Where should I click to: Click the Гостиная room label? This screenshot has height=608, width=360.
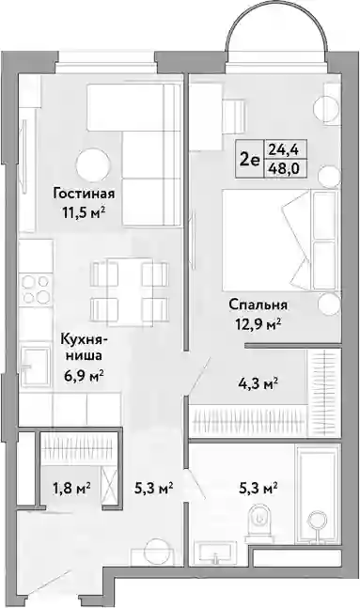click(84, 194)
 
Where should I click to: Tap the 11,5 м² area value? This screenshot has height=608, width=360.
click(84, 212)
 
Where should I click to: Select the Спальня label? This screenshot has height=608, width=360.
click(258, 304)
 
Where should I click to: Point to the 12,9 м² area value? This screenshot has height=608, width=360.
click(258, 323)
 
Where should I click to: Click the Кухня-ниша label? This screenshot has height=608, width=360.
click(83, 348)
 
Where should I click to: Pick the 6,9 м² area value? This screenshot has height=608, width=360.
click(83, 375)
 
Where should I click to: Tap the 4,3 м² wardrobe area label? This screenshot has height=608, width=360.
click(258, 384)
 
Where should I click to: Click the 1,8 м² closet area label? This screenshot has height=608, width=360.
click(71, 487)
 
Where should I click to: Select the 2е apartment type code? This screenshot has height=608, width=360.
click(249, 160)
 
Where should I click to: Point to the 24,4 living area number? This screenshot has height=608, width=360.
click(285, 148)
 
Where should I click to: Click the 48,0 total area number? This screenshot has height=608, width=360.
click(285, 169)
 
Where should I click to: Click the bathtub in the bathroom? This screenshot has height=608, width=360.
click(318, 494)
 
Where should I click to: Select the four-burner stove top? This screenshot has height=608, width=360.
click(37, 289)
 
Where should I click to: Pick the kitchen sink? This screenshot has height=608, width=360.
click(36, 366)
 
